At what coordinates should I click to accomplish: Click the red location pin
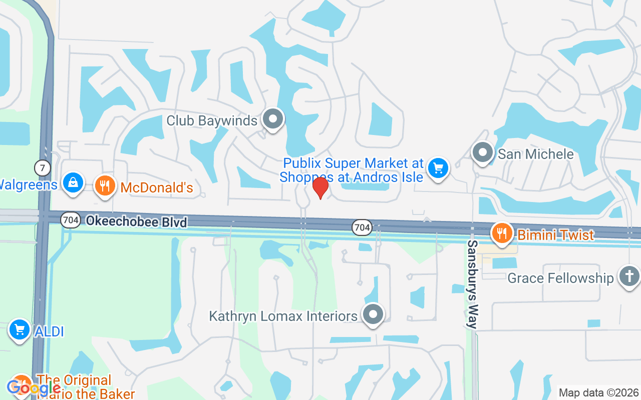[x=320, y=187]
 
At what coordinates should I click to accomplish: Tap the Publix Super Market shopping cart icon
[x=439, y=168]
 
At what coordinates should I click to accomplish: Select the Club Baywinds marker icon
[x=273, y=119]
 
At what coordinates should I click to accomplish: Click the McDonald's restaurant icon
[x=105, y=186]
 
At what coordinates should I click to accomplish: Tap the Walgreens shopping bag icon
[x=73, y=182]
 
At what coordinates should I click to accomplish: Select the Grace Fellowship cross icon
[x=629, y=276]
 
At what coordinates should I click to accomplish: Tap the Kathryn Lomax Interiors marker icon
[x=373, y=315]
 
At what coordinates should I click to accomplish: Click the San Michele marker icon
[x=483, y=152]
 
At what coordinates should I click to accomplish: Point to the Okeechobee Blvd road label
[x=136, y=221]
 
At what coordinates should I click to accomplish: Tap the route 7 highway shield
[x=43, y=167]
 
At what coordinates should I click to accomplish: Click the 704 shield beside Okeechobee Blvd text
[x=71, y=220]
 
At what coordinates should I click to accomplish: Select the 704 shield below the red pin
[x=362, y=227]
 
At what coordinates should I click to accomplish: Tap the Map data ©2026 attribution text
[x=599, y=392]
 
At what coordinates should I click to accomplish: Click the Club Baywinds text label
[x=212, y=120]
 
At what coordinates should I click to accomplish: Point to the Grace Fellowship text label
[x=560, y=278]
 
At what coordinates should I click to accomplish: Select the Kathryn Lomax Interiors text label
[x=283, y=316]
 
